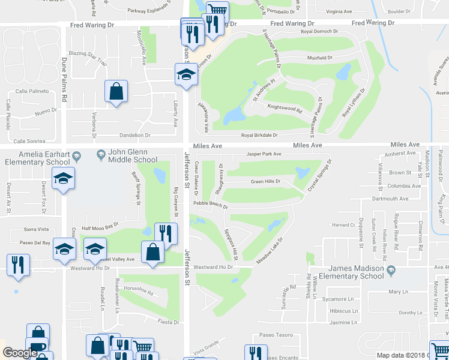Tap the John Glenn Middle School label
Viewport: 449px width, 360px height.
(133, 157)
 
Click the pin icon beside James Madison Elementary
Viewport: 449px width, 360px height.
(391, 268)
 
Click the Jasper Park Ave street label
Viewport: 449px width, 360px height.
(264, 154)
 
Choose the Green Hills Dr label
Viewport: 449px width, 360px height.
(265, 181)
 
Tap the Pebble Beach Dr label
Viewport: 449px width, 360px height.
(210, 205)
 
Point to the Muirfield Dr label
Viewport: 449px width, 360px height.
(319, 58)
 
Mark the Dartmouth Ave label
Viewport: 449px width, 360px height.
(390, 199)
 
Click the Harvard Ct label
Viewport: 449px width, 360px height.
(344, 226)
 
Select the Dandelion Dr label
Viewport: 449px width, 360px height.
(134, 136)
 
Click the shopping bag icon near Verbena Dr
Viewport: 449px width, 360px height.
(116, 92)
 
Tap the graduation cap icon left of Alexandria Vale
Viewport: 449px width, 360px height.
(186, 76)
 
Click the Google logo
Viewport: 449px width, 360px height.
(20, 353)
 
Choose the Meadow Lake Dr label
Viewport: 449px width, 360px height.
(270, 250)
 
